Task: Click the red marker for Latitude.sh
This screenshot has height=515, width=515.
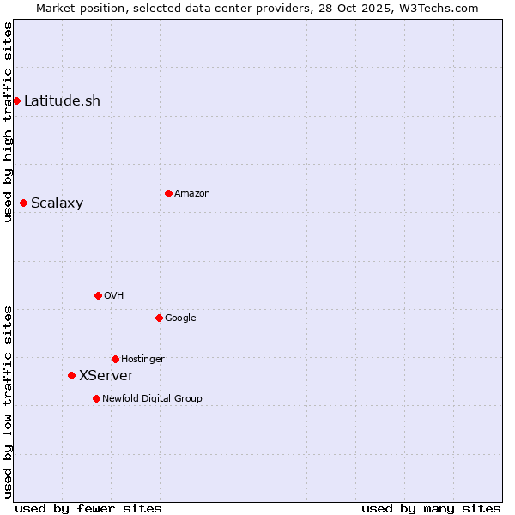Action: pyautogui.click(x=16, y=100)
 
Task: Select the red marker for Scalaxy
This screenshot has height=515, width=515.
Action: pyautogui.click(x=23, y=203)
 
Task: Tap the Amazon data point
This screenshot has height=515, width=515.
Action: pyautogui.click(x=168, y=193)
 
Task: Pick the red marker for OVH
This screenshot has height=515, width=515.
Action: pyautogui.click(x=98, y=295)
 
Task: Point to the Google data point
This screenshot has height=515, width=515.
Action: pyautogui.click(x=159, y=318)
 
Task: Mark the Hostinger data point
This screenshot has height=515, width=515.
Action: pyautogui.click(x=115, y=359)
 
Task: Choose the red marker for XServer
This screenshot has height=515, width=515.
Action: pyautogui.click(x=71, y=375)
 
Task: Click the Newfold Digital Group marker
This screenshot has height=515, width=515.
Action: pyautogui.click(x=96, y=398)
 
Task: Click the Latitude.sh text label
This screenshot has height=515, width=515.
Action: pyautogui.click(x=62, y=100)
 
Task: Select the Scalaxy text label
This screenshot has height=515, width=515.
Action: pyautogui.click(x=57, y=203)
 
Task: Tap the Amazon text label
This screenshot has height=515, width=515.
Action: pyautogui.click(x=191, y=194)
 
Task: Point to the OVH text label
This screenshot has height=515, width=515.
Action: pyautogui.click(x=113, y=296)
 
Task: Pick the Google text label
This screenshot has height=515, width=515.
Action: pyautogui.click(x=180, y=318)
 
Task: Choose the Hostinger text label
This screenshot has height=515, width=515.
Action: pyautogui.click(x=142, y=360)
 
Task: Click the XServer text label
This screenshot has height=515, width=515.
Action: pyautogui.click(x=106, y=376)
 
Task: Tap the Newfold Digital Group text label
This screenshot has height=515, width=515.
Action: pyautogui.click(x=152, y=399)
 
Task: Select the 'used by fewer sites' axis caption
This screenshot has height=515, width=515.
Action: pyautogui.click(x=88, y=508)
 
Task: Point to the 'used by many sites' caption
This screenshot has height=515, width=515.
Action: pyautogui.click(x=431, y=508)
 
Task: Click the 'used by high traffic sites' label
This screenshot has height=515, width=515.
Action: pyautogui.click(x=8, y=122)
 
